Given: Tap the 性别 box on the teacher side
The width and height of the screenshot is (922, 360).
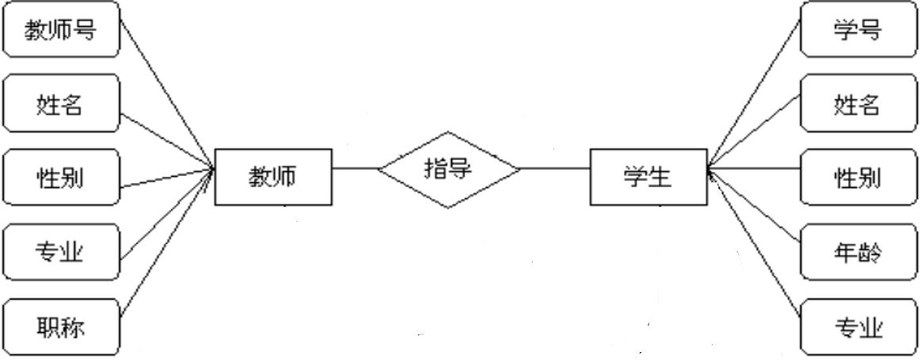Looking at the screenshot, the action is point(63,177).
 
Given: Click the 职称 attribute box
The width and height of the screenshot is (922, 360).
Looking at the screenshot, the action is point(63,326).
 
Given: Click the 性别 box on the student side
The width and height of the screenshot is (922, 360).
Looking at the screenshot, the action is point(858,177).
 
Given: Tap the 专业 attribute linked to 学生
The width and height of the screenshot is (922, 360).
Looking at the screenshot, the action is point(858,326).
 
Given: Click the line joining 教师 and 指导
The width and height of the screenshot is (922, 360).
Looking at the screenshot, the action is point(355,168).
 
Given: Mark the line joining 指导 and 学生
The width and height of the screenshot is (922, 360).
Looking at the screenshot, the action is point(555,168).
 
